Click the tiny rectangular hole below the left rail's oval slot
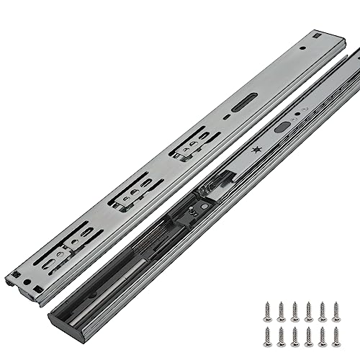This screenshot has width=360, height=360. click(x=226, y=116)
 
